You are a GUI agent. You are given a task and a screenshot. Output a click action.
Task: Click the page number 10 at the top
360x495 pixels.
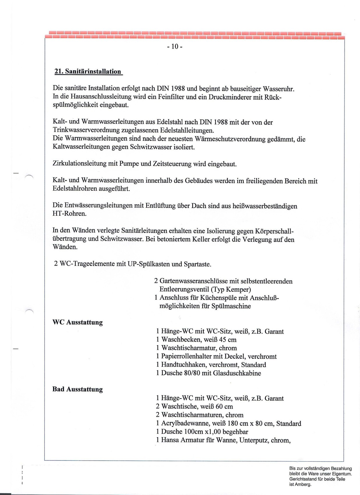pos(175,47)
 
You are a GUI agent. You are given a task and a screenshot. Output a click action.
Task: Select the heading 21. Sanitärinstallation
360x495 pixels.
pos(88,72)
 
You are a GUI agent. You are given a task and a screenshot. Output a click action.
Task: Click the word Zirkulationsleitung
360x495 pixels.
pos(80,164)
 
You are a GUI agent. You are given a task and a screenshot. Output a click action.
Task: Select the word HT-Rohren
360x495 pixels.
pos(69,214)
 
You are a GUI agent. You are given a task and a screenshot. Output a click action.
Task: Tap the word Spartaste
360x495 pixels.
pos(197,264)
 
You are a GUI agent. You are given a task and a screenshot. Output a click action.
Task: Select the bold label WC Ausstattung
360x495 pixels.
pos(77,322)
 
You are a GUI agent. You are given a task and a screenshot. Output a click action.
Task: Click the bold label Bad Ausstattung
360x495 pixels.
pos(77,389)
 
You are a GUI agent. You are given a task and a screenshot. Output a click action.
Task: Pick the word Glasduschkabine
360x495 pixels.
pos(237,373)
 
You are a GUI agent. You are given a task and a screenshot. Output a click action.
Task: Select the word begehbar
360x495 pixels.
pos(235,432)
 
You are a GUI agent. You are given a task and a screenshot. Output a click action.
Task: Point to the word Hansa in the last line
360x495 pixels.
pos(170,440)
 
